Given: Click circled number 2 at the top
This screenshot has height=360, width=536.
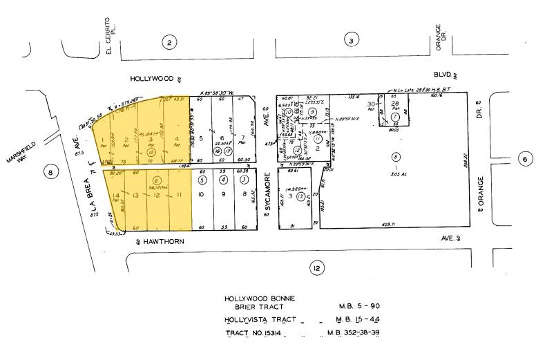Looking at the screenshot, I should [x=169, y=42].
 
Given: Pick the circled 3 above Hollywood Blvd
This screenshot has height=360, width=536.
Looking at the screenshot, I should [x=352, y=41].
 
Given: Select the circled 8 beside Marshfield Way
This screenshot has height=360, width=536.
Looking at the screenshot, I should [x=50, y=173].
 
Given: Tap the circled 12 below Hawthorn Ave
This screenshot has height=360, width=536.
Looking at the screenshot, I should [x=317, y=269].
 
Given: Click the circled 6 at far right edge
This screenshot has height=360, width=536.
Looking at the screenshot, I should [x=524, y=159].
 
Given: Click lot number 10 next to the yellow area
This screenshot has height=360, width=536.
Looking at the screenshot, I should [x=201, y=195].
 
